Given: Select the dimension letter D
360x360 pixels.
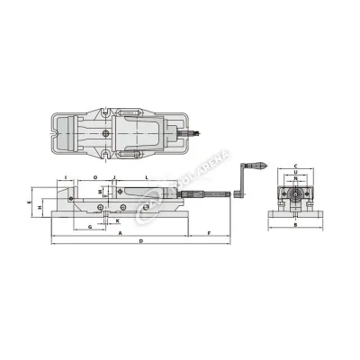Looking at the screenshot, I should (x=140, y=242).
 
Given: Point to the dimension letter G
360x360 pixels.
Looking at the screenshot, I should (x=90, y=225).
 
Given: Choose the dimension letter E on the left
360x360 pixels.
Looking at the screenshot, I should (x=30, y=204).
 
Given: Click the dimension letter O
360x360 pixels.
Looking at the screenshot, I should (x=95, y=177).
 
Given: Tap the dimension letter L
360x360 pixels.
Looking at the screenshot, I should (x=147, y=177).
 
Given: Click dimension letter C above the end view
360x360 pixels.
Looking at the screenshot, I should (x=294, y=166).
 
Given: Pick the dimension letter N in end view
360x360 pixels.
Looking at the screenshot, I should (x=294, y=183).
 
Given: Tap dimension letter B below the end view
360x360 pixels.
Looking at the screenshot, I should (x=294, y=225).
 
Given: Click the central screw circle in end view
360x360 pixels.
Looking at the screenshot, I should (x=294, y=193).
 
